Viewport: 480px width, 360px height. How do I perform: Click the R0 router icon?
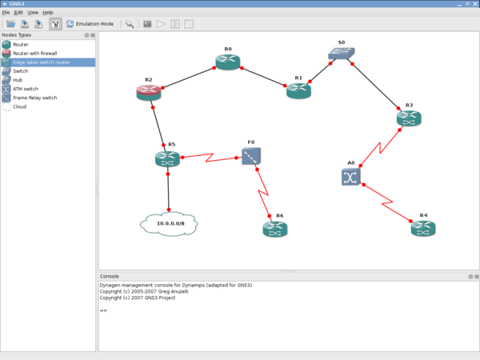[x=227, y=62]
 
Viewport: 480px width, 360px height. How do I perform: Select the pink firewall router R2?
[x=149, y=93]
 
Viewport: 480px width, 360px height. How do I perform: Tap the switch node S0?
[x=341, y=54]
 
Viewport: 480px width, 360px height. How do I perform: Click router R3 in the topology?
[x=409, y=118]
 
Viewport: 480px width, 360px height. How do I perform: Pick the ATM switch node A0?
[x=350, y=177]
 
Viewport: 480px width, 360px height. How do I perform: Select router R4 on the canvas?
[x=423, y=229]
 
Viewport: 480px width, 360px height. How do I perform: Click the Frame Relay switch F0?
[x=251, y=156]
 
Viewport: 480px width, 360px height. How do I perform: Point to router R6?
[x=274, y=230]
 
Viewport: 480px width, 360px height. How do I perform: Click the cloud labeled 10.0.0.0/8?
[x=168, y=223]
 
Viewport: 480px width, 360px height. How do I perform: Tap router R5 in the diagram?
[x=168, y=159]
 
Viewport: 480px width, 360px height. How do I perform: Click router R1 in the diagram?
[x=298, y=90]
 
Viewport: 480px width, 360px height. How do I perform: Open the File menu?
[x=6, y=13]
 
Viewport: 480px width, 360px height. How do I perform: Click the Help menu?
[x=48, y=13]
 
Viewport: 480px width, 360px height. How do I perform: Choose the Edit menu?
[x=18, y=13]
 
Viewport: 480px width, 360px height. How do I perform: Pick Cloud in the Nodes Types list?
[x=20, y=106]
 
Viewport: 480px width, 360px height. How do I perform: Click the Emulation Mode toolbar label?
[x=94, y=24]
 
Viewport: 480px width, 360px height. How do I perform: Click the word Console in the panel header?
[x=109, y=276]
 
